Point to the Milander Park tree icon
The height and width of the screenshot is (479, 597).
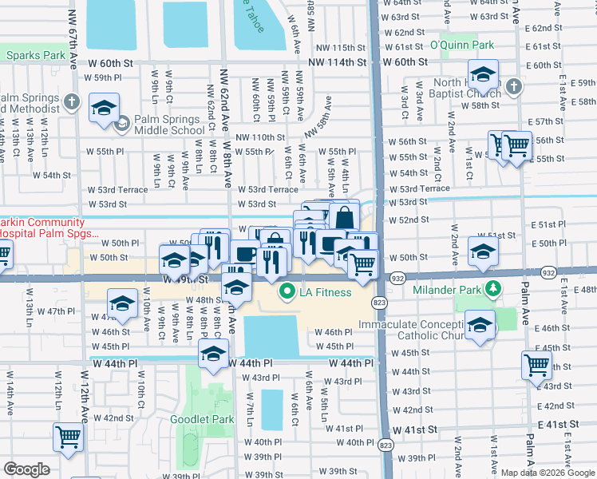pyautogui.click(x=495, y=287)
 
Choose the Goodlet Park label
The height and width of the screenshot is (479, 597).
pyautogui.click(x=202, y=418)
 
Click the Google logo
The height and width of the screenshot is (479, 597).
pyautogui.click(x=26, y=469)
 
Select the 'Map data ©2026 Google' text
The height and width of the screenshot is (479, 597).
pyautogui.click(x=548, y=473)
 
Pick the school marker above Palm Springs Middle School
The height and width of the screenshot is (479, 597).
pyautogui.click(x=103, y=109)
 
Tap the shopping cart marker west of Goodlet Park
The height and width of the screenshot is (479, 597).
pyautogui.click(x=68, y=437)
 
